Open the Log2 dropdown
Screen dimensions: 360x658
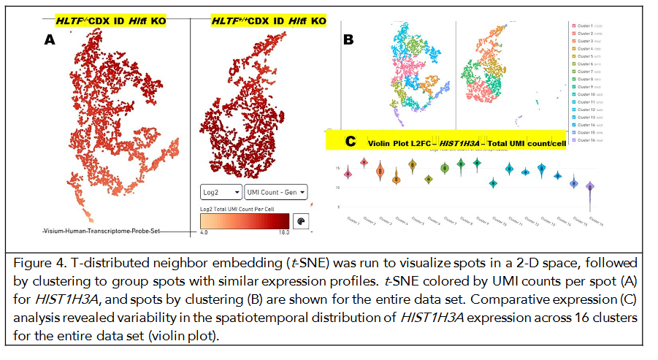[221, 191]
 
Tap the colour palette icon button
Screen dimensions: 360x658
[300, 221]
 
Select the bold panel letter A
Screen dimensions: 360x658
[50, 41]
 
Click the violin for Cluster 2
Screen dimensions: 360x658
[364, 163]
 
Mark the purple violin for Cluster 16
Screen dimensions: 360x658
[590, 188]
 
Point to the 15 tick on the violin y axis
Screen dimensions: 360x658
[338, 169]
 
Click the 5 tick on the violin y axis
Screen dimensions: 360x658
[339, 207]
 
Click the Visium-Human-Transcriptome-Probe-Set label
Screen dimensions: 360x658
[100, 231]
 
